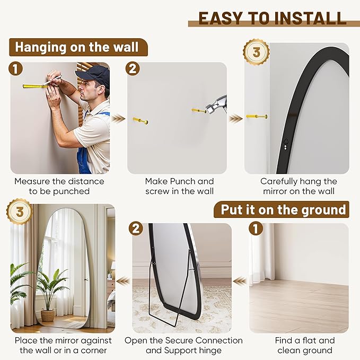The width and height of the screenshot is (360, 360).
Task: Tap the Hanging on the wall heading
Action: pos(77,47)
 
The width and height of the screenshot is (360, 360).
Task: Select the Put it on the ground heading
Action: pos(283,209)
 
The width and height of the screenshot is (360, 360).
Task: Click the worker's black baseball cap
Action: pos(93,75)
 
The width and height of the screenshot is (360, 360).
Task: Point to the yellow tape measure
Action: pos(36,86)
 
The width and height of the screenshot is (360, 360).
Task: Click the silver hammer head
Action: pos(216,105)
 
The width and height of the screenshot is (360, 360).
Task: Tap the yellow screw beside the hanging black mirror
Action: pos(257,117)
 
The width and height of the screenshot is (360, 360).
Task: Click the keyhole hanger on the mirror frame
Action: pos(286,144)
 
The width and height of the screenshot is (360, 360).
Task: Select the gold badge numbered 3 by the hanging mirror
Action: pos(257,52)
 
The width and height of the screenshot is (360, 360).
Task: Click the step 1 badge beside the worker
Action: pos(15,69)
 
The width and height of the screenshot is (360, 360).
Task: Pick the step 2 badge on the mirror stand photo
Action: pos(136,229)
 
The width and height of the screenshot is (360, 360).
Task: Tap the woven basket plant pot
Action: pos(48,315)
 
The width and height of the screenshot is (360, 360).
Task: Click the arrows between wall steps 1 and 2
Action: pos(118,119)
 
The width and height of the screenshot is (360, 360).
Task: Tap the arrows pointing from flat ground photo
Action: pos(240,281)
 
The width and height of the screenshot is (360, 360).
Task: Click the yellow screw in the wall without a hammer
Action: pos(141,120)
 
